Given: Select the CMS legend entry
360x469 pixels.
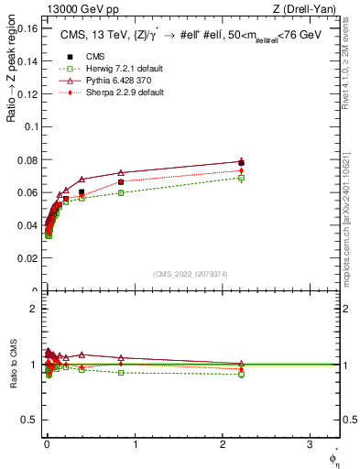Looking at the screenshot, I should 92,56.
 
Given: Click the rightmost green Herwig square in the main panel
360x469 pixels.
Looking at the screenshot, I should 241,178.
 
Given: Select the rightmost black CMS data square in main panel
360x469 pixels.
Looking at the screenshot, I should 241,162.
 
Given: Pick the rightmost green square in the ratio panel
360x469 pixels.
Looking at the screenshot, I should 241,375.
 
